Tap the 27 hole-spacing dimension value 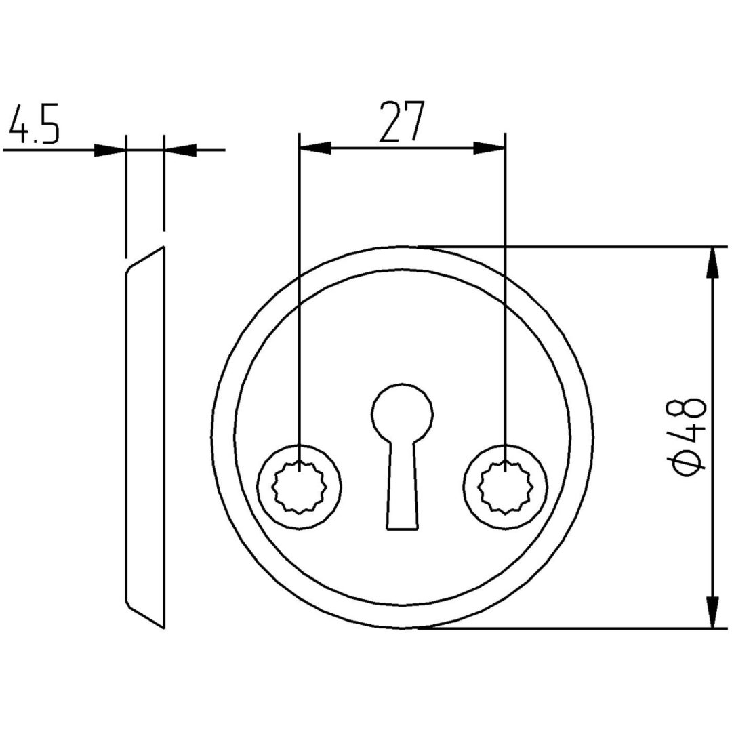(x=401, y=121)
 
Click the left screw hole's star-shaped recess (x=300, y=487)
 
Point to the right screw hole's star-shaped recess (x=506, y=487)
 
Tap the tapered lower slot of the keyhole (x=402, y=485)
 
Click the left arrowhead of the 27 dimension (x=315, y=148)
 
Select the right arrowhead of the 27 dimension (x=489, y=148)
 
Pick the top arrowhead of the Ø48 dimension (x=712, y=262)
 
